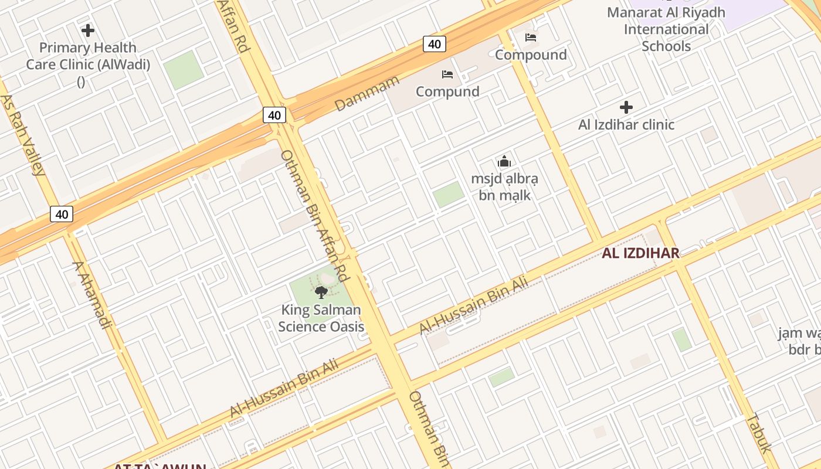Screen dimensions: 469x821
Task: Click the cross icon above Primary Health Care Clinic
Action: pos(88,30)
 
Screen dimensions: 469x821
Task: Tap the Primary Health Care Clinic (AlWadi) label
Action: pos(88,56)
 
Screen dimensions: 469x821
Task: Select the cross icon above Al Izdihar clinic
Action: pos(626,107)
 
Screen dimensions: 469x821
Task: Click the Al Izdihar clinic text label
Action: pos(626,124)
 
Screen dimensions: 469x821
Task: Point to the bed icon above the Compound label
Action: pos(531,38)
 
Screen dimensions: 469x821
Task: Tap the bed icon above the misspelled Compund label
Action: pos(447,74)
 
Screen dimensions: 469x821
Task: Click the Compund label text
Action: pos(447,91)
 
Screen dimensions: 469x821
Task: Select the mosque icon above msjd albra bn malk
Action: pos(504,161)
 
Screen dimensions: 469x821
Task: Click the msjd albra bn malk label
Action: pos(504,186)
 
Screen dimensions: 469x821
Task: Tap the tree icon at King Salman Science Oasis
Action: pos(321,292)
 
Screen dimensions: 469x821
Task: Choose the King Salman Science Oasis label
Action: pos(321,318)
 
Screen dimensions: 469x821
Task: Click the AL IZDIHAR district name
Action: pos(640,253)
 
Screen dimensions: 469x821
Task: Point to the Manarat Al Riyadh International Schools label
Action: pos(666,29)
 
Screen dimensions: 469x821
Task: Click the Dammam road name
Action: pos(367,93)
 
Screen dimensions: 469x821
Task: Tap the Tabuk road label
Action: pos(757,433)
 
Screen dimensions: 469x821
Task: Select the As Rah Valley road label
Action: pos(23,135)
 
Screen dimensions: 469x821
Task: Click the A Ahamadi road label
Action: pos(91,295)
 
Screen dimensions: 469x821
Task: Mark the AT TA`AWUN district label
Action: pos(160,466)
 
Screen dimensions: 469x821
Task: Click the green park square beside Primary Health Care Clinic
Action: pos(184,70)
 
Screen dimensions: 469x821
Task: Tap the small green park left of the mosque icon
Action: pos(449,194)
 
